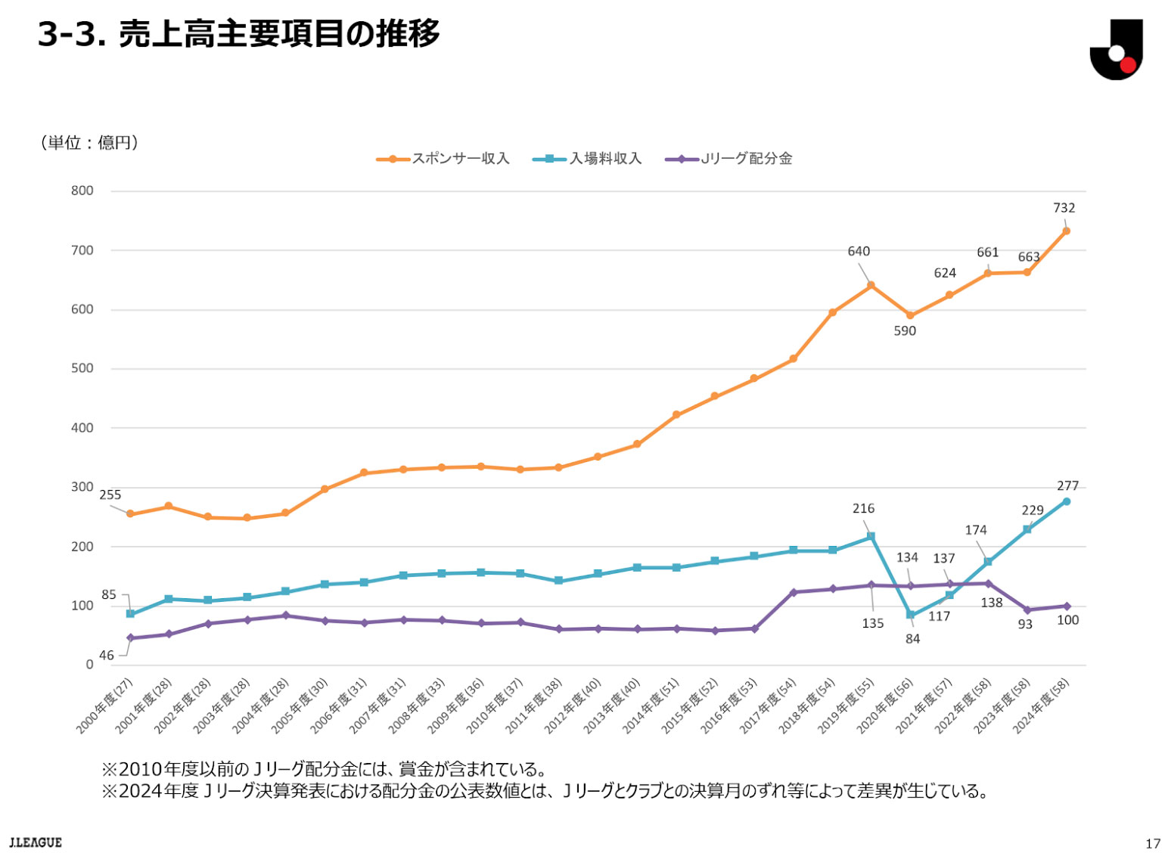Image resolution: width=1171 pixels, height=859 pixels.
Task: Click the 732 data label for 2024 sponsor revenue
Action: point(1064,208)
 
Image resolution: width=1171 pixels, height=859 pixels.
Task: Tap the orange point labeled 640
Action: point(871,285)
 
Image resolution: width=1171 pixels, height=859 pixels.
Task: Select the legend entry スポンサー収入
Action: point(443,159)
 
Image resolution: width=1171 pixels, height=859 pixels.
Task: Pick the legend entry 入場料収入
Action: point(588,159)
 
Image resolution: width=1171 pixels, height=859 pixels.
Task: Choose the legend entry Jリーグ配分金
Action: point(729,159)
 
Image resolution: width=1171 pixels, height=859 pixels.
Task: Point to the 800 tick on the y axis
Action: point(82,191)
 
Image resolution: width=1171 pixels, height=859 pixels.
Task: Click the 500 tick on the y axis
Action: point(82,368)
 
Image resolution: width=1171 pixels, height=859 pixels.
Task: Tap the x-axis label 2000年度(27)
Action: point(104,706)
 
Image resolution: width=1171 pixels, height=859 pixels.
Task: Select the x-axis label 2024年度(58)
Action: point(1041,706)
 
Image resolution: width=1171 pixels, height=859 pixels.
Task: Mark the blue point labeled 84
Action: point(910,615)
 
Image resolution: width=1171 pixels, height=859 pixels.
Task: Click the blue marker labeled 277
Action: point(1066,501)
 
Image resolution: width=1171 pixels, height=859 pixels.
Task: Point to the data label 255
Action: point(110,495)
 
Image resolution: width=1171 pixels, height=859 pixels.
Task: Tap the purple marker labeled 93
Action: point(1027,609)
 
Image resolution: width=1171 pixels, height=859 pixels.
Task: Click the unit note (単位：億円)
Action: point(89,143)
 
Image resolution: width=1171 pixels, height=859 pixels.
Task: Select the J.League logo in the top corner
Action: point(1116,49)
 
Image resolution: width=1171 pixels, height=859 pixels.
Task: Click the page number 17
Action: point(1152,843)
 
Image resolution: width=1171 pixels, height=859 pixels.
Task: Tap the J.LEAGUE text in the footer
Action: point(36,842)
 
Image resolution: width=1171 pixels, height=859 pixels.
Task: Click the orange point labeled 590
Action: point(910,315)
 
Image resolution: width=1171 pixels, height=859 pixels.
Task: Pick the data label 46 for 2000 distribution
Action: point(107,656)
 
